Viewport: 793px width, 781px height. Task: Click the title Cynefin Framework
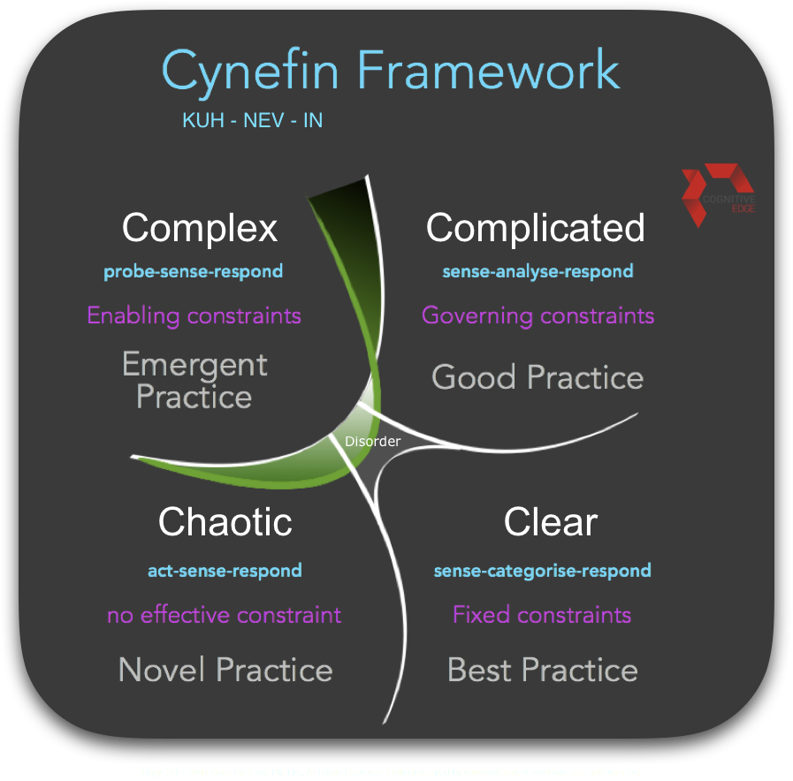coord(390,71)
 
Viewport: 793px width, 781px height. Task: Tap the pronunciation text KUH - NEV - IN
coord(252,120)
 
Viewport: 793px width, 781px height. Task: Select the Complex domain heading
coord(200,228)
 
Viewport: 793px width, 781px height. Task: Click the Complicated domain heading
coord(535,228)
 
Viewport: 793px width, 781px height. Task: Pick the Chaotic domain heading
coord(225,522)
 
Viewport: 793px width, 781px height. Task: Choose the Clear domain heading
coord(550,522)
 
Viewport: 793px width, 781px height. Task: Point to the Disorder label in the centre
coord(372,441)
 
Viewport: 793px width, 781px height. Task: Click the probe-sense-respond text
coord(193,271)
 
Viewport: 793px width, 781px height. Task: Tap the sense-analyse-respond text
coord(538,271)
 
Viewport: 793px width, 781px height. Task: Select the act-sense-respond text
coord(225,571)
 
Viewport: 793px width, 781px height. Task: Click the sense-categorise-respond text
coord(542,571)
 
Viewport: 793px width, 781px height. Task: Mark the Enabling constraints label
coord(194,315)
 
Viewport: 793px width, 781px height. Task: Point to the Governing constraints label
coord(538,315)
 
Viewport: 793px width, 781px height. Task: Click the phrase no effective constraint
coord(224,615)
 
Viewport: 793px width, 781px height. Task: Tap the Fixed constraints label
coord(542,615)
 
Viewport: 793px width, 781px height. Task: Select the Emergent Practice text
coord(194,381)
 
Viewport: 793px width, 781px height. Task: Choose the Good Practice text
coord(537,378)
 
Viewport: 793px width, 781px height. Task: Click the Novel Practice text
coord(225,670)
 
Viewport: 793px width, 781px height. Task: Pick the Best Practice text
coord(542,670)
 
